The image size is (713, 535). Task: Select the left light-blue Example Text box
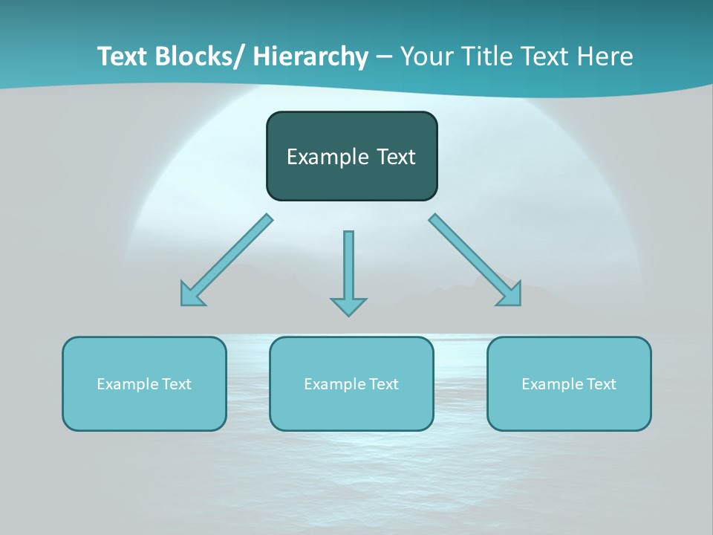(144, 405)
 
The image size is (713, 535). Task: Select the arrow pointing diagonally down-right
(472, 257)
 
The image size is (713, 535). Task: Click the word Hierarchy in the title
(310, 56)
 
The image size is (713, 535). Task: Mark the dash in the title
(384, 56)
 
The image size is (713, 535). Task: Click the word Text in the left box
(177, 384)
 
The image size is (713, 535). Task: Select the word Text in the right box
(602, 384)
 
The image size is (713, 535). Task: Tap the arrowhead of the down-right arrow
(510, 294)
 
